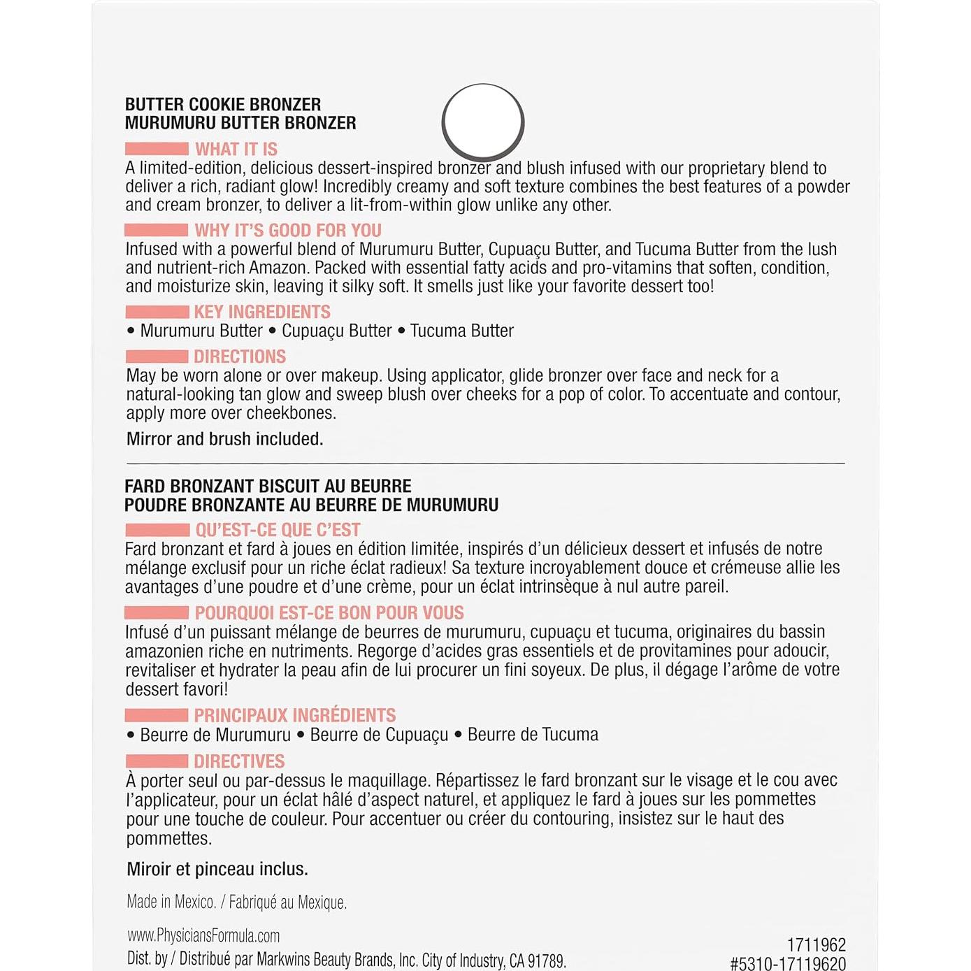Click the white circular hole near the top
483,122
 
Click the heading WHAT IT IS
236,149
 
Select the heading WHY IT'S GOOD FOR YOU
288,230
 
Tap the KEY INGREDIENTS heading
262,312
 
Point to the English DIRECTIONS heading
240,357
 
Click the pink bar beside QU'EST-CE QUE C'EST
157,530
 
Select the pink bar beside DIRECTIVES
157,761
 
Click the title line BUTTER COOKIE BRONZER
223,104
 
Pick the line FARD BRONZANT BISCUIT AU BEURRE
268,486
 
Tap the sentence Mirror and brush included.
224,439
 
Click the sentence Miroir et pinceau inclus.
217,869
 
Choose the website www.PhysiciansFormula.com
203,935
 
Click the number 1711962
817,945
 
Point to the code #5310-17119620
788,964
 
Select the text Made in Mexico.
171,902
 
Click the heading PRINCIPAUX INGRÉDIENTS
295,715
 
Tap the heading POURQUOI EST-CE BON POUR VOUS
329,613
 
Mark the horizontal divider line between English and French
485,463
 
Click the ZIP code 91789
546,961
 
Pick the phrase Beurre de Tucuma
533,735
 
